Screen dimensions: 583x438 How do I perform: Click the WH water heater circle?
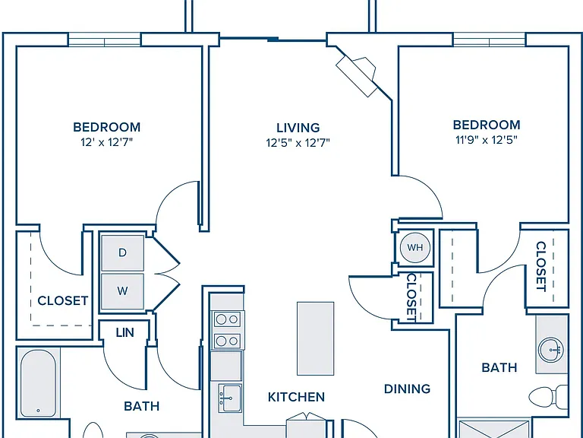click(x=415, y=247)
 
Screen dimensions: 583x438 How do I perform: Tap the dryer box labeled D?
click(x=122, y=252)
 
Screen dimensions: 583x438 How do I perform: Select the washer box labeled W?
click(x=122, y=291)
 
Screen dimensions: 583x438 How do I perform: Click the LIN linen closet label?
click(x=124, y=332)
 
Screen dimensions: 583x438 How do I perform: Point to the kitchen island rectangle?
click(x=315, y=338)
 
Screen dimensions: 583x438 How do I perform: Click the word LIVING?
click(x=298, y=128)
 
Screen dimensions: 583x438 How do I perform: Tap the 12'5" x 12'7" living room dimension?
click(x=298, y=143)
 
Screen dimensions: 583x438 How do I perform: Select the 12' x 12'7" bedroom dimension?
click(x=107, y=142)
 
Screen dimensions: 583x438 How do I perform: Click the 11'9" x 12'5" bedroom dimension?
click(x=487, y=140)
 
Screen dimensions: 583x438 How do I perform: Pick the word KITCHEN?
click(x=296, y=397)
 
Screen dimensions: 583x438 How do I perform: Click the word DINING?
click(x=407, y=389)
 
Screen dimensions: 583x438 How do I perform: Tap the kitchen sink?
click(x=230, y=398)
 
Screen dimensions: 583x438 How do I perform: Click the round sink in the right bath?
click(x=551, y=349)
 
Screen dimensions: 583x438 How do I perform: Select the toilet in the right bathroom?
click(x=548, y=397)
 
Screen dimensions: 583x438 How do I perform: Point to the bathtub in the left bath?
click(x=38, y=383)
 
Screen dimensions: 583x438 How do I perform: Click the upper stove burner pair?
click(x=227, y=319)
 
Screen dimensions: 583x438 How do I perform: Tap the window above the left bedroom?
click(x=105, y=40)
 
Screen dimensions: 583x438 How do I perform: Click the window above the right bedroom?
click(x=489, y=40)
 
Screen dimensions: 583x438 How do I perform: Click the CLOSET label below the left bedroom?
click(x=63, y=300)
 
